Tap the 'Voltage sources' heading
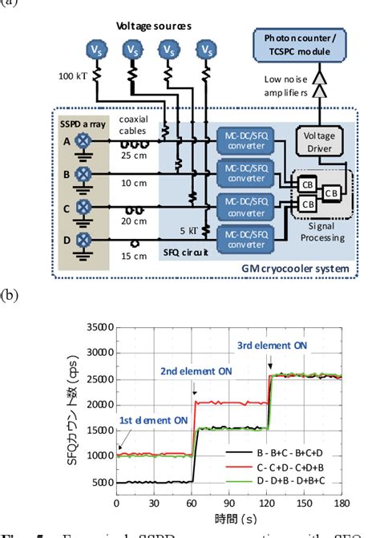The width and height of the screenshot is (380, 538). [x=152, y=26]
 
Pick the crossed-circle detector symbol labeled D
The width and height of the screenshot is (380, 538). [x=82, y=240]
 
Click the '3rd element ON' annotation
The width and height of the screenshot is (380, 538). [x=271, y=345]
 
